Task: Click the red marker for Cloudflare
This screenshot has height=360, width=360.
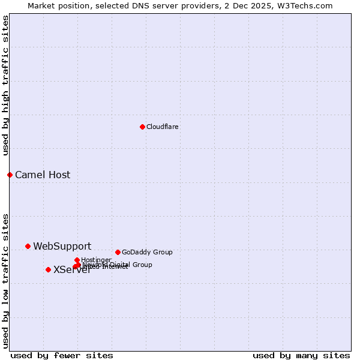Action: click(142, 127)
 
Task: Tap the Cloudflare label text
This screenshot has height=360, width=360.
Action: click(162, 127)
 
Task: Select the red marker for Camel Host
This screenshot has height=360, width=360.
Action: click(10, 175)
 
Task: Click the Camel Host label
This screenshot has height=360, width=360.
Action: click(43, 175)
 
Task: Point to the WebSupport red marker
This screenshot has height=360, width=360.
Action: click(28, 246)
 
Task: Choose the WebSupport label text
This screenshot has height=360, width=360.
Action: click(62, 246)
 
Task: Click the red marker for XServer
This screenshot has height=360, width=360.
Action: click(48, 269)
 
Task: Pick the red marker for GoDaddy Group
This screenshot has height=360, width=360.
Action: click(118, 252)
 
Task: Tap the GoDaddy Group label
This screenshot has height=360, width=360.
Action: click(147, 252)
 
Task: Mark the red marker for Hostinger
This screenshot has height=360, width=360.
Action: click(77, 260)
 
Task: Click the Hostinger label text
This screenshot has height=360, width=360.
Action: click(96, 260)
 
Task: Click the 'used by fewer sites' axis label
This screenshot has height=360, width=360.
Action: click(62, 355)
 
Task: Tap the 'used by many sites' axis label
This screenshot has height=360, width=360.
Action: click(301, 355)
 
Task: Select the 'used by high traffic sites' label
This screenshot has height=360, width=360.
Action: click(5, 85)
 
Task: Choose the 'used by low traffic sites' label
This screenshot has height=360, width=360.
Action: click(5, 280)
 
